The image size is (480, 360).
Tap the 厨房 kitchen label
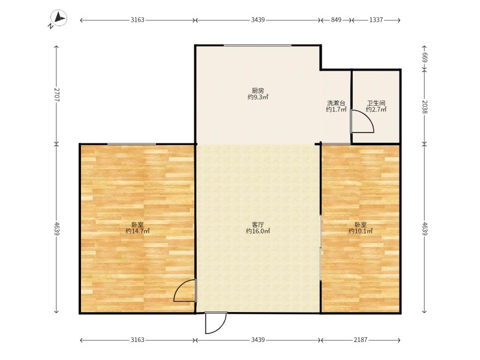click(258, 91)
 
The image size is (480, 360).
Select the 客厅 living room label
click(258, 224)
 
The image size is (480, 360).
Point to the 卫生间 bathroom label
click(376, 103)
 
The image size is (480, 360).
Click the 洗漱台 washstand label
click(336, 103)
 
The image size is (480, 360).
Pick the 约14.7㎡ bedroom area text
click(137, 231)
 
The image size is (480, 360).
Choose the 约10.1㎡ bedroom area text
click(361, 231)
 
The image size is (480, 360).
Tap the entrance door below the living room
click(215, 323)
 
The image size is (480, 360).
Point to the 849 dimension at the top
click(336, 20)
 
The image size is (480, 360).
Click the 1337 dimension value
click(376, 20)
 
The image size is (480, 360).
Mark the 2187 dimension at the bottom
click(361, 340)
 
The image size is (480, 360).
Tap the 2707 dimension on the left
click(56, 95)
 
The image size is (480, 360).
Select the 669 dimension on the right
click(425, 58)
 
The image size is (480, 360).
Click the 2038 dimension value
click(425, 107)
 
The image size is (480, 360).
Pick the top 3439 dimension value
click(258, 20)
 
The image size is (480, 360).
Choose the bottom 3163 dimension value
click(137, 340)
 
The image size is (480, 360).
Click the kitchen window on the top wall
click(257, 46)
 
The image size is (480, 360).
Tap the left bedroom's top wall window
click(131, 144)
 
